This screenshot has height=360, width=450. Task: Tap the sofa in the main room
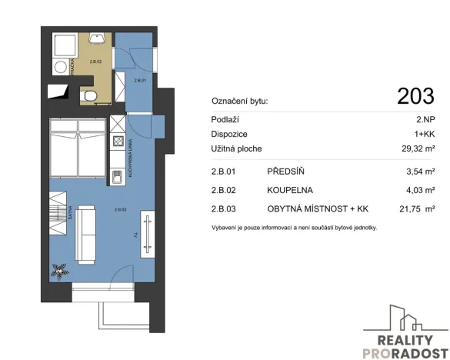click(85, 231)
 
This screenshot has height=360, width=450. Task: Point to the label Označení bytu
click(239, 101)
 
